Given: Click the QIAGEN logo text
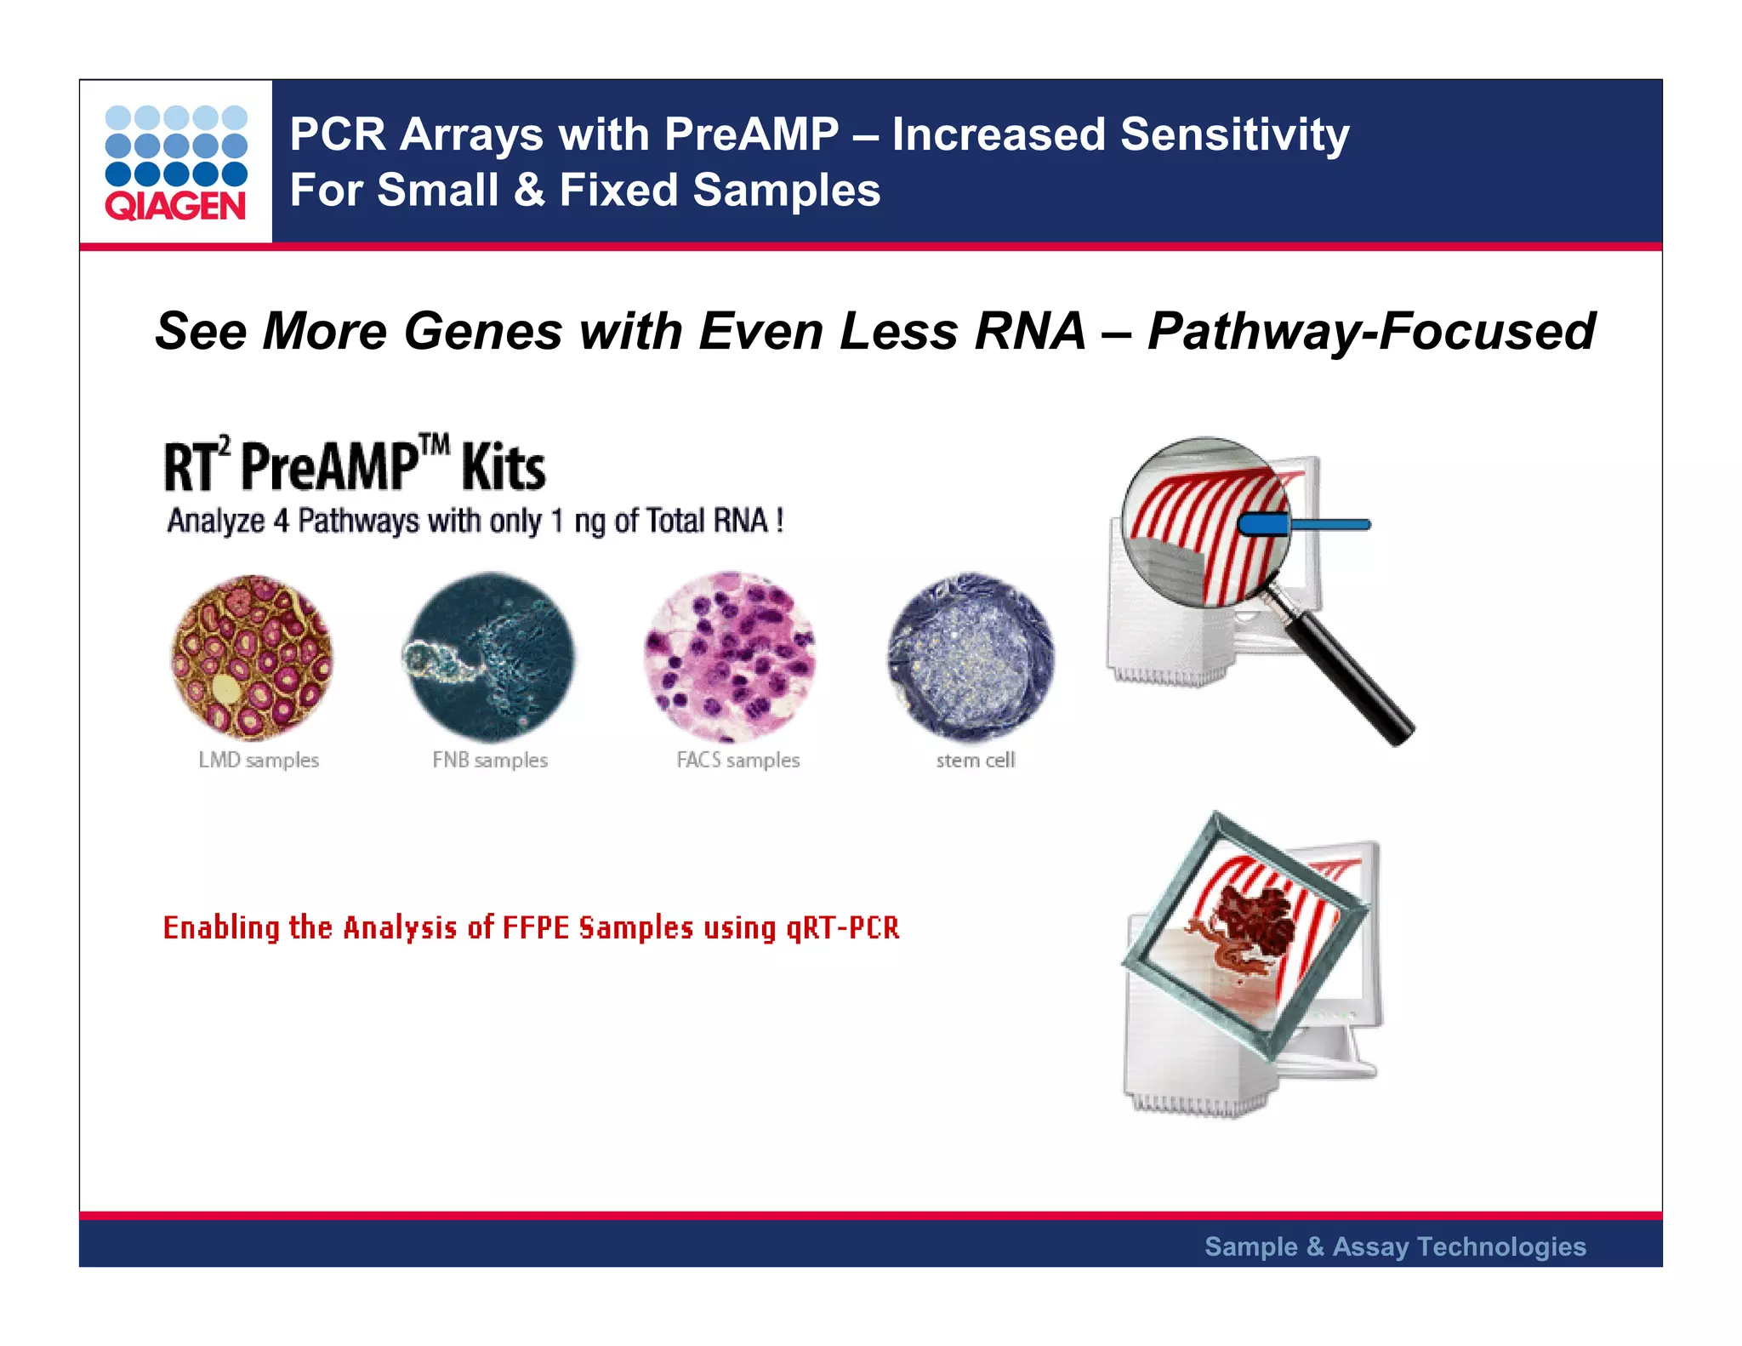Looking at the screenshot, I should [175, 206].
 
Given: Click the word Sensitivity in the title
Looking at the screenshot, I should [1234, 134].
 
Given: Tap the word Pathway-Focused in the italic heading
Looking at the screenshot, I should [1370, 331].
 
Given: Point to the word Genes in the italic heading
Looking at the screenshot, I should [482, 331].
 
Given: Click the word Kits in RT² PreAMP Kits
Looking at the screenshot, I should [503, 469].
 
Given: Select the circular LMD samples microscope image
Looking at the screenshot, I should [251, 656].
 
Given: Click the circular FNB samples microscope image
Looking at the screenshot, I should [489, 656].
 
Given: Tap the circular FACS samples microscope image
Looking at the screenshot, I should [730, 656].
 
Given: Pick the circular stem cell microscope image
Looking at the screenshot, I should [971, 656].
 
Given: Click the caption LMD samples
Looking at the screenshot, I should [259, 760].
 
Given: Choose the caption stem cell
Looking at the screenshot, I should [976, 760].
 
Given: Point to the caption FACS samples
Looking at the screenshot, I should [737, 760].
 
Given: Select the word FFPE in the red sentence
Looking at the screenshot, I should [535, 927].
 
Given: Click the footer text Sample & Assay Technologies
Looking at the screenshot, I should [1395, 1246].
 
